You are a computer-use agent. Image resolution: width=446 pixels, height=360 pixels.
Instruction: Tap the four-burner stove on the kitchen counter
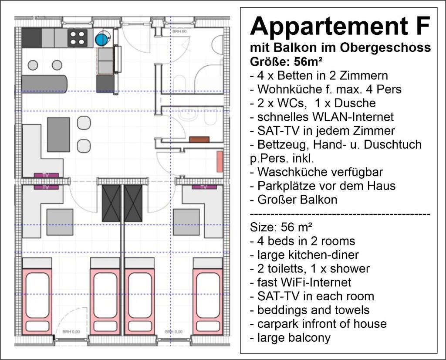point(78,38)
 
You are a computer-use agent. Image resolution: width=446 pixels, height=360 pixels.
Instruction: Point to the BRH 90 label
point(179,31)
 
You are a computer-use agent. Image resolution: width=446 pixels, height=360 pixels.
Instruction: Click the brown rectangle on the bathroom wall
point(199,139)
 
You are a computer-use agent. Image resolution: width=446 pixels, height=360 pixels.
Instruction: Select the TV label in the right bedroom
point(204,187)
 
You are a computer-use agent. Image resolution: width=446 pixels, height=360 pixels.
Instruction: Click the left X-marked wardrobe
point(111,203)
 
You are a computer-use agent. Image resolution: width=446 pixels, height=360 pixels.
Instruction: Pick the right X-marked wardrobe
point(133,203)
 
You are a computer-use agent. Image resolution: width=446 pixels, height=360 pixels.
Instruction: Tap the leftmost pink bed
point(37,301)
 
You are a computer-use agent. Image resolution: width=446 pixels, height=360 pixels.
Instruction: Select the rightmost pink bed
point(208,301)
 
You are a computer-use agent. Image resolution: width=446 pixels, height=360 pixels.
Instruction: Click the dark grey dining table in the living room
point(59,135)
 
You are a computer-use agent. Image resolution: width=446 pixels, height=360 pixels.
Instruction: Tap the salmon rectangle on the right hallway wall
point(220,162)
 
